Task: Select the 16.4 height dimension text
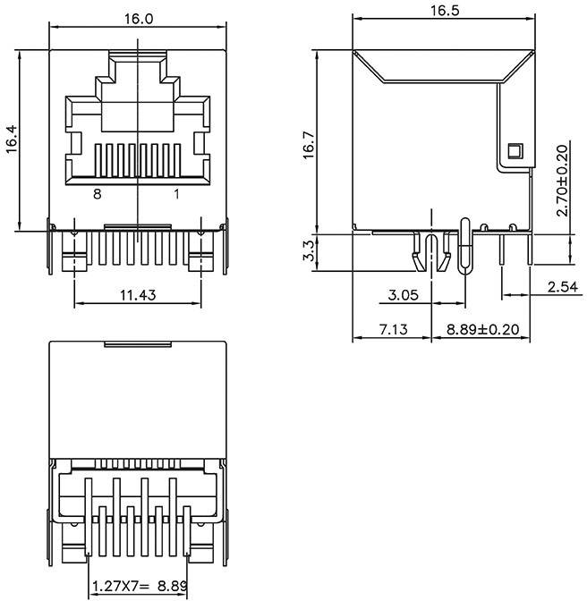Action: (x=12, y=140)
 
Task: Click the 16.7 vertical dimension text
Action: (x=308, y=145)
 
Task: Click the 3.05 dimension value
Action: (x=404, y=294)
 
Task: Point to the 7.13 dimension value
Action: (x=392, y=329)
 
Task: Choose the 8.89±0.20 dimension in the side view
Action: (x=483, y=329)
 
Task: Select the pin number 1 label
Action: (x=176, y=193)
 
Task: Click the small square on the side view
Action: (x=514, y=151)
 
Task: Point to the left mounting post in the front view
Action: (x=73, y=259)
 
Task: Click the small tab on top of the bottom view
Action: (x=138, y=343)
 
